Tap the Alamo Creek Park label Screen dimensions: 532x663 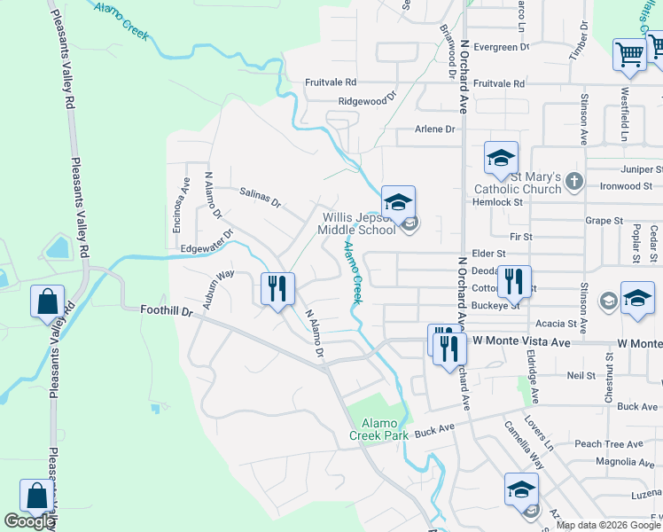coord(378,428)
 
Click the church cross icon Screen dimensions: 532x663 coord(574,182)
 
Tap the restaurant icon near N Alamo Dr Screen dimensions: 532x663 coord(277,289)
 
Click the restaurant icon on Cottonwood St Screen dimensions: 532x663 coord(514,283)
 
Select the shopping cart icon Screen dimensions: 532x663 coord(629,54)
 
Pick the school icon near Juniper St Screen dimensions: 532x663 coord(501,160)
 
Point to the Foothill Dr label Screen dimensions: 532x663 coord(167,311)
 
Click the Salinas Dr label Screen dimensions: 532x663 coord(260,197)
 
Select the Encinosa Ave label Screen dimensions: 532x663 coord(181,204)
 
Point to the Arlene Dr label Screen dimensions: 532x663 coord(434,129)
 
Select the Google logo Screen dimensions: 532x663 coord(29,521)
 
